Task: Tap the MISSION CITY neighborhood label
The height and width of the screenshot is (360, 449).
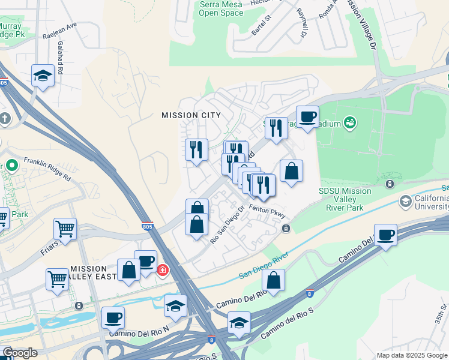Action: coord(191,115)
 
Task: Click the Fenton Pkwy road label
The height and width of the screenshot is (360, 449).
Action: coord(267,211)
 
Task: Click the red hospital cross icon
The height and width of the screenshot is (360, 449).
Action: coord(163,271)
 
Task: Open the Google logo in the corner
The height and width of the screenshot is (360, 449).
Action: coord(19,353)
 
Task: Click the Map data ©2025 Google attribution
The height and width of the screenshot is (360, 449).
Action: coord(411,355)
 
